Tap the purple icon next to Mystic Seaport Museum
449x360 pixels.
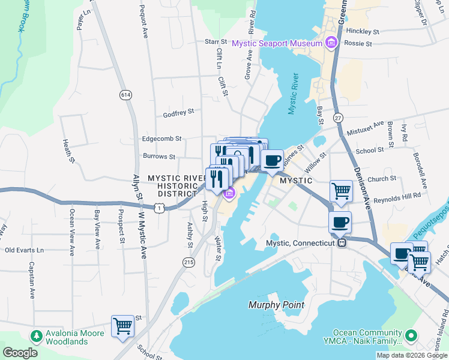tap(330, 42)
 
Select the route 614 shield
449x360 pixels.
tap(125, 95)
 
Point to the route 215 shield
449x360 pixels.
tap(189, 262)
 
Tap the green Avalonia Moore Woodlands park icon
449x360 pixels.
tap(36, 334)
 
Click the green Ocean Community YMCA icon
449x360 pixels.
tap(411, 334)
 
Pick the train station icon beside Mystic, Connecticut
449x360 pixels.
tap(342, 243)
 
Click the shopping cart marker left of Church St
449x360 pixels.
tap(341, 191)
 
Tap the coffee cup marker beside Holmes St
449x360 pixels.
tap(273, 160)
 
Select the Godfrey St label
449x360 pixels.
tap(178, 112)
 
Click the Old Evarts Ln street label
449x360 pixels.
tap(25, 250)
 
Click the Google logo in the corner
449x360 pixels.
tap(20, 353)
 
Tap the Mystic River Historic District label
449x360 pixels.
tap(173, 185)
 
